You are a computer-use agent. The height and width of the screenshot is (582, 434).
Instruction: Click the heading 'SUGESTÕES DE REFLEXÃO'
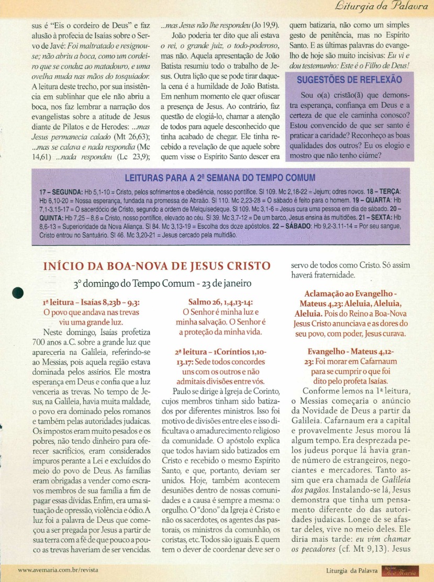(349, 80)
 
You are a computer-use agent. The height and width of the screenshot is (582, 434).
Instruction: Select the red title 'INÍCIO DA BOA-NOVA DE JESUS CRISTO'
(157, 266)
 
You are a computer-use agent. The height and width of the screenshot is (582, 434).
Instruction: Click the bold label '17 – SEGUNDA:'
(60, 193)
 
